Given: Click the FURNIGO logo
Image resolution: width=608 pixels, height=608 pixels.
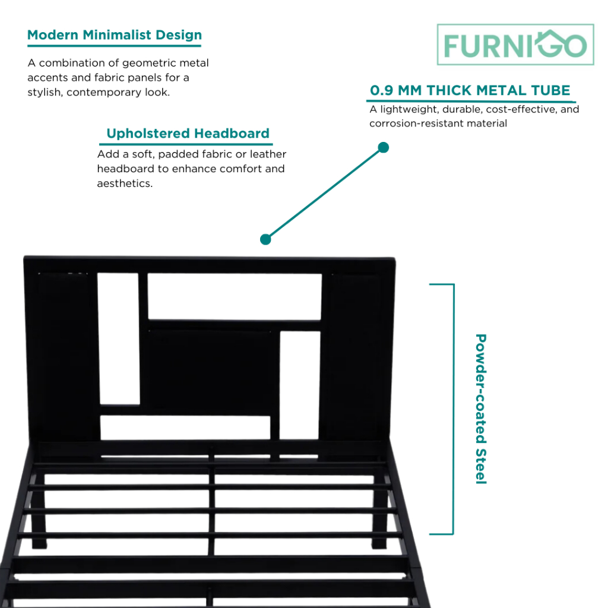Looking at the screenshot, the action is pos(515,45).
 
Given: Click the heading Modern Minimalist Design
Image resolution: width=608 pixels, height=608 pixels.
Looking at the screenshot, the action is pos(115,34).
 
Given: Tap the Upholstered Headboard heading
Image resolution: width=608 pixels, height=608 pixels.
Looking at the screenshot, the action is pos(188,134).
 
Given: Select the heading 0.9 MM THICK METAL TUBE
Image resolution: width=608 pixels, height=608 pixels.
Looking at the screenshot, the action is pos(470,90).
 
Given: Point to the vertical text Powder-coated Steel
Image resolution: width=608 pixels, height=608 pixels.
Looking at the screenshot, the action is pos(481,408).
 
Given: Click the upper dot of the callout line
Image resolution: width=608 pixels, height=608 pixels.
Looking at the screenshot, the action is pos(384,147).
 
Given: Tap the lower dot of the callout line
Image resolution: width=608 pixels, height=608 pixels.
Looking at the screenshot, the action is pos(265,239).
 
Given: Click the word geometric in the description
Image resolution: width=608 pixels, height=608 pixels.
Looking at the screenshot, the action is pos(144,63).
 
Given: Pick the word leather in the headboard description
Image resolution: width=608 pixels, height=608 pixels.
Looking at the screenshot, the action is pos(267,154).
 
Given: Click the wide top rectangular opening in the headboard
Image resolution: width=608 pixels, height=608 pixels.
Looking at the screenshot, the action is pos(235,296).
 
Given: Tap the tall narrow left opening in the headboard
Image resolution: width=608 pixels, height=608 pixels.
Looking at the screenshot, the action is pos(118,338).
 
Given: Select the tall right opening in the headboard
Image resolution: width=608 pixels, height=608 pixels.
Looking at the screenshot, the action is pos(300,385).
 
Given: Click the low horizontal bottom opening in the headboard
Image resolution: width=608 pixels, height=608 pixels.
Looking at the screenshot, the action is pos(185,427).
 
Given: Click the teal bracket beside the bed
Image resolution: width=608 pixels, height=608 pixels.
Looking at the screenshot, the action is pos(452,408).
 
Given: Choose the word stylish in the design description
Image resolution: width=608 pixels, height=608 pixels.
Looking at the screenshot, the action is pos(44,93).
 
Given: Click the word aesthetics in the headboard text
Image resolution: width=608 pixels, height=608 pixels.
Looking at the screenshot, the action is pos(123,183).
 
